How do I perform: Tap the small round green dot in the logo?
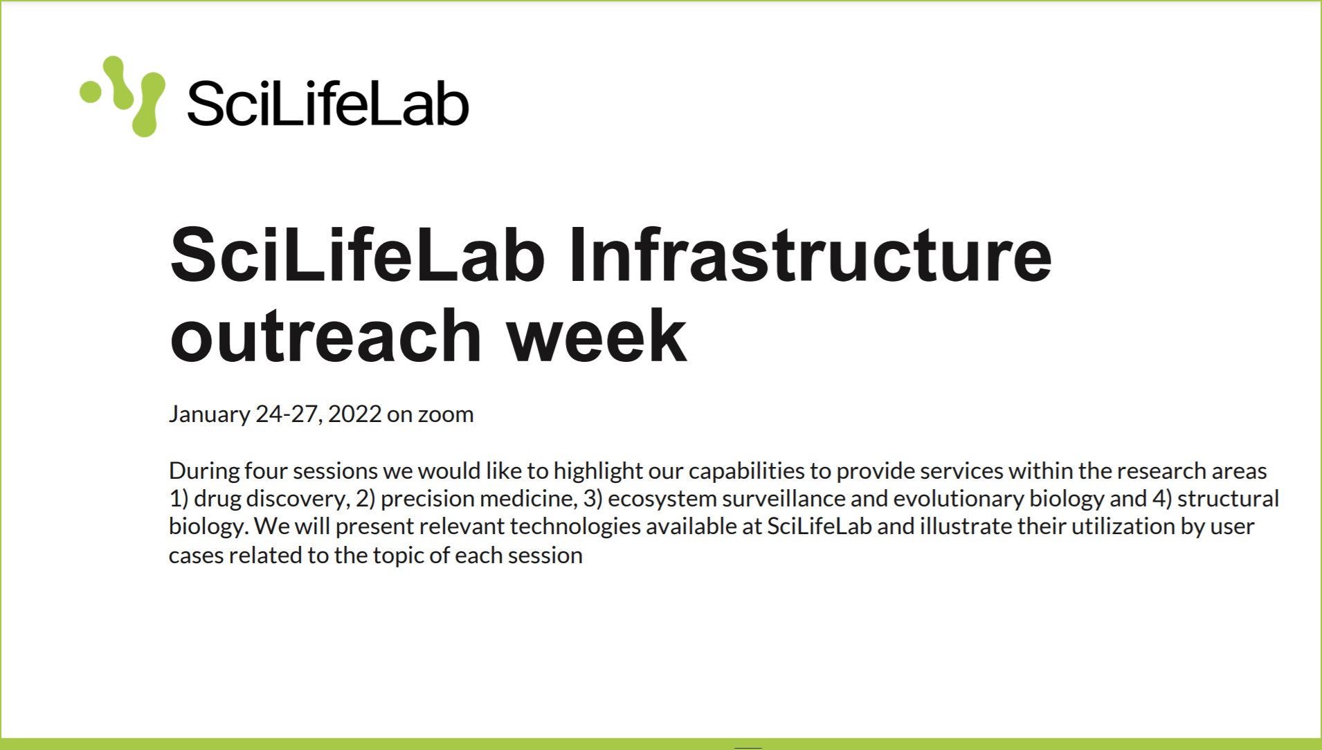[91, 92]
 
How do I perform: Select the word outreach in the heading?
[326, 336]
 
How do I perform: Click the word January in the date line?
[209, 414]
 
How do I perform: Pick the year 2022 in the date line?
[354, 414]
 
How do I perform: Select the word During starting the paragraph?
[204, 470]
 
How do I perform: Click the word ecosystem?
[662, 499]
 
